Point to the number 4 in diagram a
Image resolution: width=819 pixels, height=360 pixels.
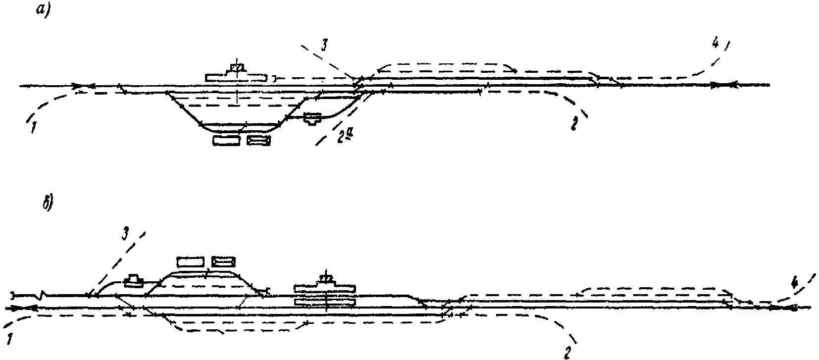click(x=715, y=44)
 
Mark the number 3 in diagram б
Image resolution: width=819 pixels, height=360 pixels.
click(x=126, y=235)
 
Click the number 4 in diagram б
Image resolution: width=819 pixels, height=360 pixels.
click(x=794, y=283)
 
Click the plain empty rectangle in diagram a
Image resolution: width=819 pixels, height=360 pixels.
click(x=226, y=141)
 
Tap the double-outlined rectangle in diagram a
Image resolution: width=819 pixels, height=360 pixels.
click(x=259, y=141)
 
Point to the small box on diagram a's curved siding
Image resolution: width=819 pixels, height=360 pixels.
click(x=312, y=118)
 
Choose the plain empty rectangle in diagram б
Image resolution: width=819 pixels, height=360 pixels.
click(x=191, y=261)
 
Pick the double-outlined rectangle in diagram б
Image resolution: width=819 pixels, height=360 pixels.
click(x=223, y=261)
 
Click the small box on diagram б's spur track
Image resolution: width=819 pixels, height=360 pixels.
click(x=134, y=281)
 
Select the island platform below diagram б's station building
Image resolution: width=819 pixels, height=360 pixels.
click(x=325, y=301)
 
